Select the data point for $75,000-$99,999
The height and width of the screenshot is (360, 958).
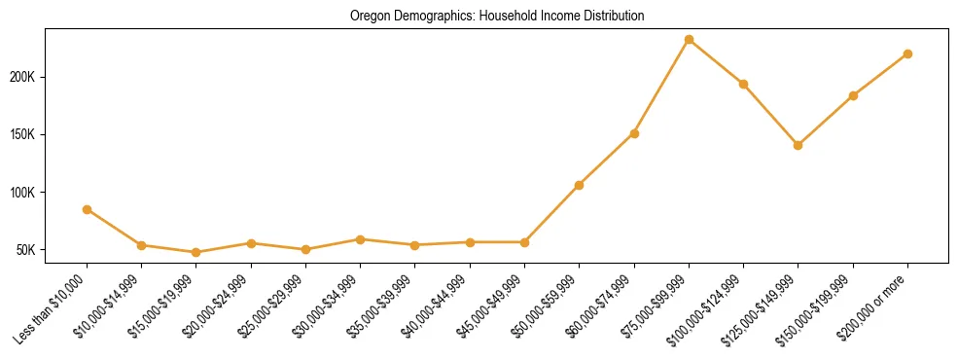(689, 40)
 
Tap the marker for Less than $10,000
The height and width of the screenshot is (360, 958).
(88, 209)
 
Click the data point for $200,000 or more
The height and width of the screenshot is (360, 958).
(907, 54)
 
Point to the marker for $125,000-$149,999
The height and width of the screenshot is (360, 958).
(798, 145)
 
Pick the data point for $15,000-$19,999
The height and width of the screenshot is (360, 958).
(196, 252)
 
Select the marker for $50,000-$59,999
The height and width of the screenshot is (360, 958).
(579, 185)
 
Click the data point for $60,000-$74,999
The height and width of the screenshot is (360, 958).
(634, 133)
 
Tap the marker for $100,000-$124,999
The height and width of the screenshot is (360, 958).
(743, 84)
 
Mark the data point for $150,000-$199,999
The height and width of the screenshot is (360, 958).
(853, 95)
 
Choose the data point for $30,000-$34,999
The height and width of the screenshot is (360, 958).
(360, 239)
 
